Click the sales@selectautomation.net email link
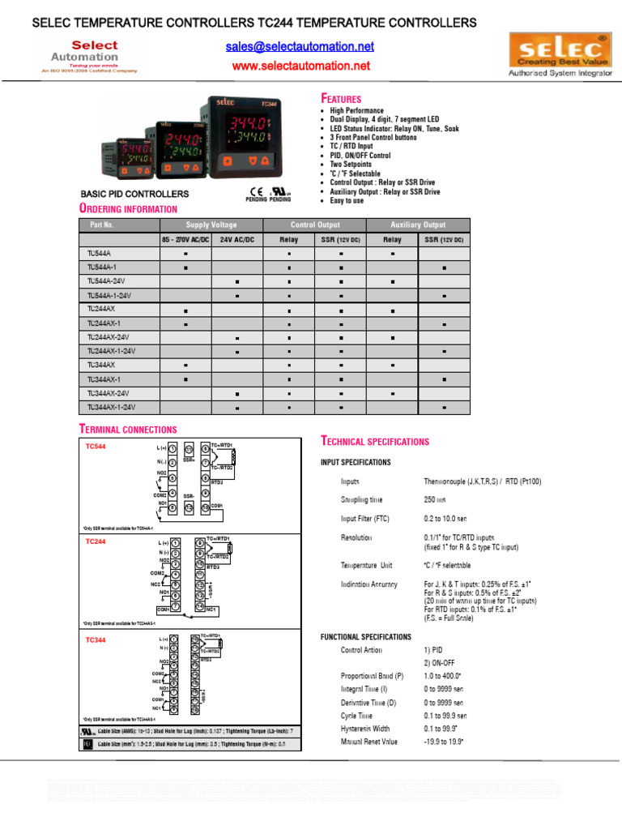(x=300, y=47)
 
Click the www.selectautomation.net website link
(x=300, y=66)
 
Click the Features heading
(x=341, y=98)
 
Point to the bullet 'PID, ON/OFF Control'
(x=360, y=156)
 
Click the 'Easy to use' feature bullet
(x=347, y=201)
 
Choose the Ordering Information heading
(x=127, y=209)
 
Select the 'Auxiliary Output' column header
(x=418, y=225)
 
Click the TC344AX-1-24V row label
(x=111, y=407)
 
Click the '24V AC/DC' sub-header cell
(x=236, y=240)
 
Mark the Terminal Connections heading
(x=127, y=429)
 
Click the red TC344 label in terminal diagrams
(x=96, y=640)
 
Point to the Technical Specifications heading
(x=375, y=442)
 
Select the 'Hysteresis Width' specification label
(x=365, y=729)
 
